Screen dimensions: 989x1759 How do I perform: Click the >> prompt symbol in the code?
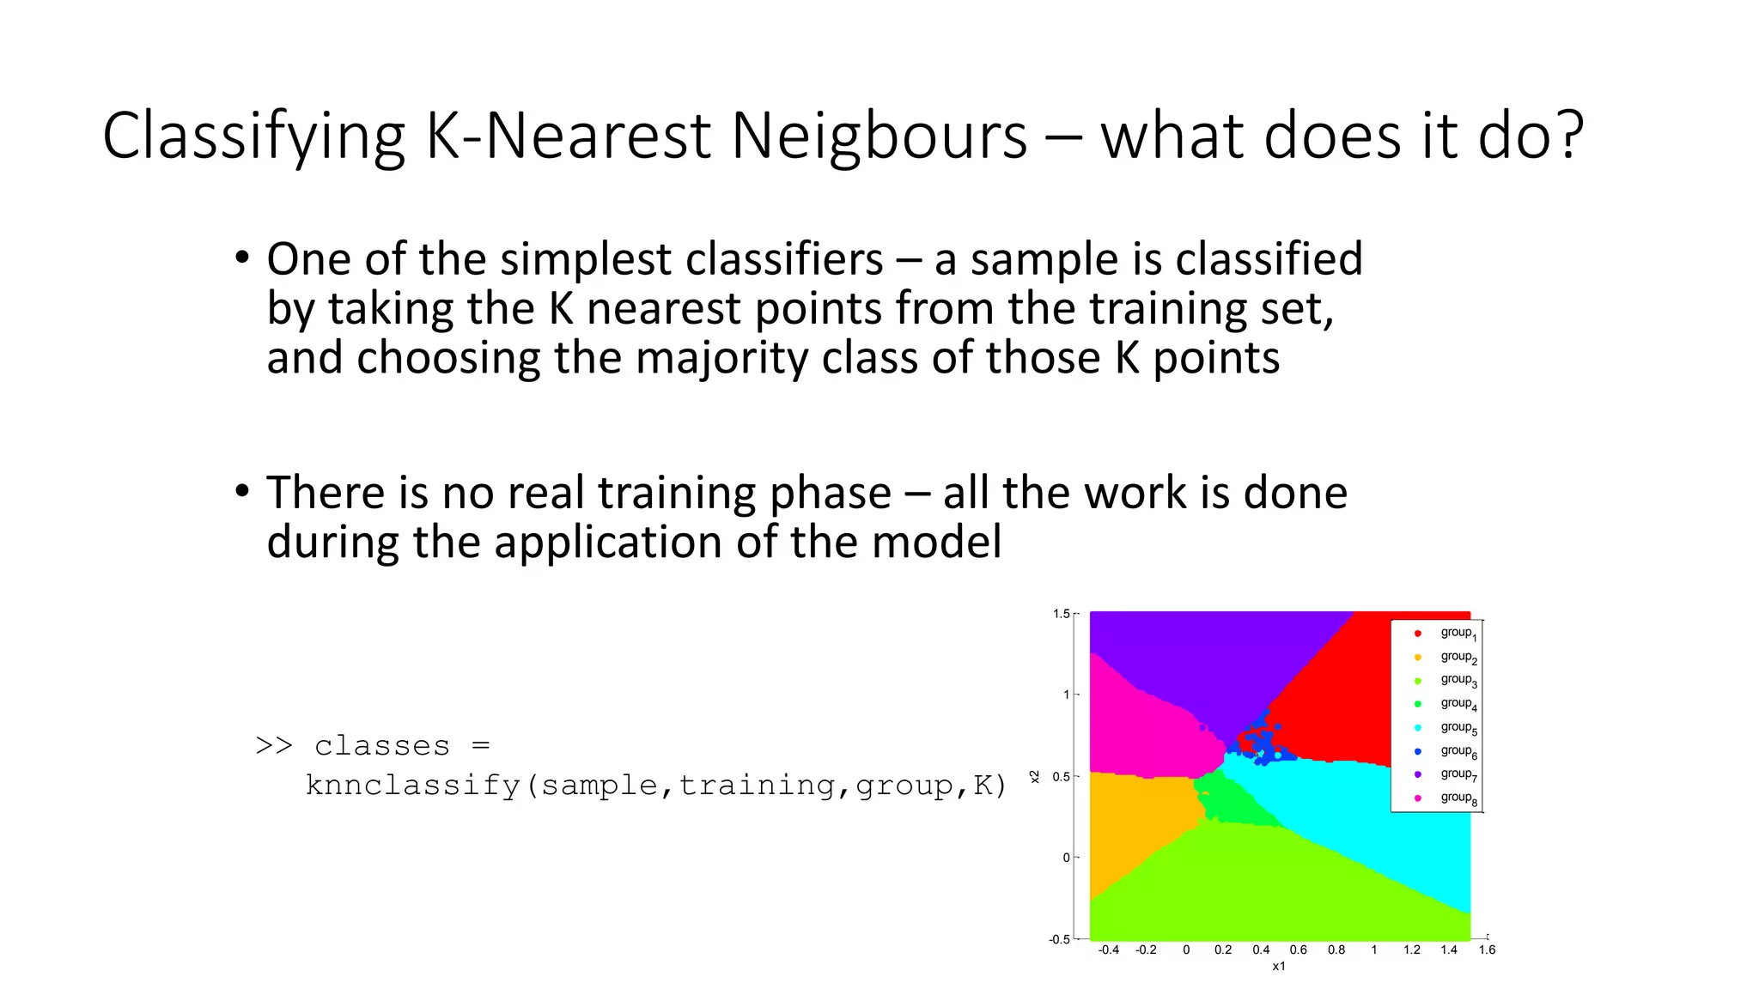point(274,745)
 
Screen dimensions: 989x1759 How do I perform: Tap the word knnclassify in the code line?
point(413,785)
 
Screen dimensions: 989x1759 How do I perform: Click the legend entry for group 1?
point(1458,634)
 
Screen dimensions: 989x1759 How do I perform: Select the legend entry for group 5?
point(1458,728)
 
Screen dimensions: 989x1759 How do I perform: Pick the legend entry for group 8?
point(1458,798)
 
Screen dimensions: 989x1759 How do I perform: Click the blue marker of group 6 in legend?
point(1418,751)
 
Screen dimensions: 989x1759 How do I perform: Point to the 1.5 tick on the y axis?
point(1062,614)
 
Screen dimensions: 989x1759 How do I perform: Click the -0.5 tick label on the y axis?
point(1059,939)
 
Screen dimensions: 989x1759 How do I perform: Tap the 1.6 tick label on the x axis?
point(1487,950)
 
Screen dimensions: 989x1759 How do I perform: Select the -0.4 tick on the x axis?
point(1109,950)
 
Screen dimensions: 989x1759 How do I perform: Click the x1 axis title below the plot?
point(1279,967)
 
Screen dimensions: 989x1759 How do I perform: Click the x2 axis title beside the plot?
point(1035,776)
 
